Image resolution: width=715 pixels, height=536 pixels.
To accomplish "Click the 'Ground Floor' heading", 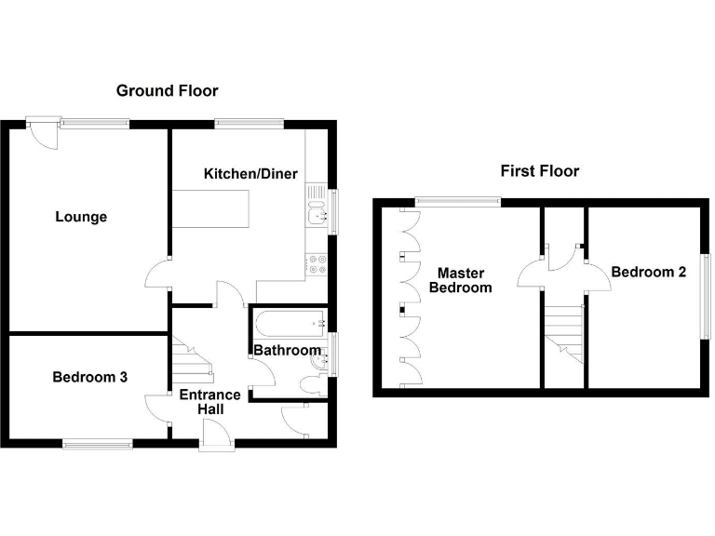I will (167, 91).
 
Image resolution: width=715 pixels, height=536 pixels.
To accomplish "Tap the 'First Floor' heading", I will (539, 171).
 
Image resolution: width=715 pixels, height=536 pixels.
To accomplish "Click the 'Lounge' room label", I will (81, 218).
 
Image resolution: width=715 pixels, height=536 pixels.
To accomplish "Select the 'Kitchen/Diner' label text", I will (245, 174).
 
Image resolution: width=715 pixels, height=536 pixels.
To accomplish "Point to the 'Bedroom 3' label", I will (89, 378).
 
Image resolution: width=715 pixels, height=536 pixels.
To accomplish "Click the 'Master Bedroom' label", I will (460, 280).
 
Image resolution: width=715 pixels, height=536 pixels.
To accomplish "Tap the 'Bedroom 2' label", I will (648, 273).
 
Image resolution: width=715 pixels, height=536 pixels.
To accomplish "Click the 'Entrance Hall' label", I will (209, 401).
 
